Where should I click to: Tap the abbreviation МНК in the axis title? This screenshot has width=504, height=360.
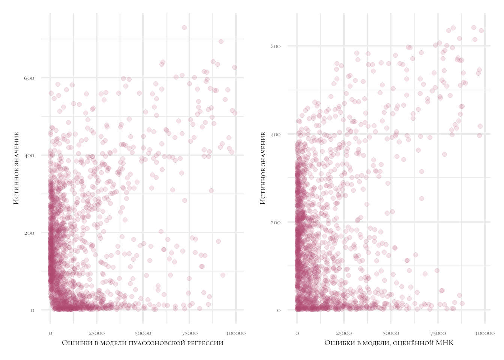444,343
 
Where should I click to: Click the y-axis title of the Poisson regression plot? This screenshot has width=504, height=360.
16,168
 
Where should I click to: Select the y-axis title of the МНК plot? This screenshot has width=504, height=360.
263,168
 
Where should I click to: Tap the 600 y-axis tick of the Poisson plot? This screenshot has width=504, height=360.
30,78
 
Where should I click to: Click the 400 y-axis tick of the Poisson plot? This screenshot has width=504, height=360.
30,155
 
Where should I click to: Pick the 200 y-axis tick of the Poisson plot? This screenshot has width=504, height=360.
30,233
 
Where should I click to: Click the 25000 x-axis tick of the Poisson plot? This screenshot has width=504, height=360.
96,333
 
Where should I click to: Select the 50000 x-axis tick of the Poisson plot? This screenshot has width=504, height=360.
143,333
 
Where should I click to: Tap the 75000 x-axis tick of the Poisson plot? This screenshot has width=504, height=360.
189,333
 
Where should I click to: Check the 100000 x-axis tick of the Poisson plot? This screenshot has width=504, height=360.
236,333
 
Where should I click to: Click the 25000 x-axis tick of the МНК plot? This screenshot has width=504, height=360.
343,333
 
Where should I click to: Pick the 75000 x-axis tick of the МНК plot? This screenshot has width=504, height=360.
438,333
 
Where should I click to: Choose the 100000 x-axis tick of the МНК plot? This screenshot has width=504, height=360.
484,333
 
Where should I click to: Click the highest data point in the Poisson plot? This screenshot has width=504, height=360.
184,27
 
